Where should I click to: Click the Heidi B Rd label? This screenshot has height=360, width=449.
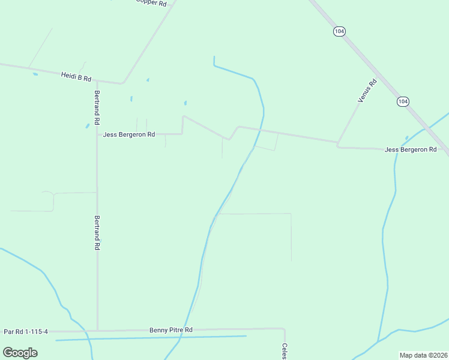[76, 77]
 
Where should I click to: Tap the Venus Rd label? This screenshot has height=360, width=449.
[367, 91]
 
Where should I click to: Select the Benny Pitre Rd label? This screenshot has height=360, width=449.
[171, 330]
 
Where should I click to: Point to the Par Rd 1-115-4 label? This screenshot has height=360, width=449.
[26, 331]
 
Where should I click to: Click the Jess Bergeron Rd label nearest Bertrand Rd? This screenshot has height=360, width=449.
[129, 134]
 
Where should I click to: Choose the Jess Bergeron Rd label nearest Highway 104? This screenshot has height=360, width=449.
[411, 149]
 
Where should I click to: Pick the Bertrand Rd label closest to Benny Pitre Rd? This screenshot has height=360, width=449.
[97, 233]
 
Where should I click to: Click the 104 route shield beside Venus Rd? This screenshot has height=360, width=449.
[402, 102]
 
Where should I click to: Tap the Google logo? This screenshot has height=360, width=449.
[20, 352]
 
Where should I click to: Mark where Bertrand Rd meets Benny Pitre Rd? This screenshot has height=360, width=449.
[97, 331]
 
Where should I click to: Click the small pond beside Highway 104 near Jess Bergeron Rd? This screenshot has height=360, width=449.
[407, 137]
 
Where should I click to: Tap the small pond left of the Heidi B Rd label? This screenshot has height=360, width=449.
[35, 74]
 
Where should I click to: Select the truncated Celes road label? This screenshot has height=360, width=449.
[285, 351]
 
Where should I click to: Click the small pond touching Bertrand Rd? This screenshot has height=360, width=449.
[88, 126]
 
